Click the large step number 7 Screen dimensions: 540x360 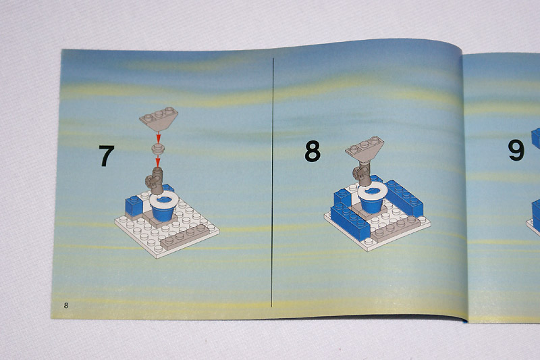(107, 156)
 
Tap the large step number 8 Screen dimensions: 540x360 (313, 151)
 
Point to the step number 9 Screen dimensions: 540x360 (516, 150)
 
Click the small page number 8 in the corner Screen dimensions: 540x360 (65, 305)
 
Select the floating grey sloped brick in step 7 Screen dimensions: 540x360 (159, 119)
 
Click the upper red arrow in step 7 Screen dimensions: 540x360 (158, 137)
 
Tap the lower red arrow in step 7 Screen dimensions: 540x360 (158, 161)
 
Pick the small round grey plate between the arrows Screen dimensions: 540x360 (158, 149)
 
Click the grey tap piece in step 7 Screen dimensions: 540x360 (155, 180)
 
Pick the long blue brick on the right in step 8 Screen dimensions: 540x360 (404, 198)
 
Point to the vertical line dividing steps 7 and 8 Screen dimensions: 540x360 (272, 182)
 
